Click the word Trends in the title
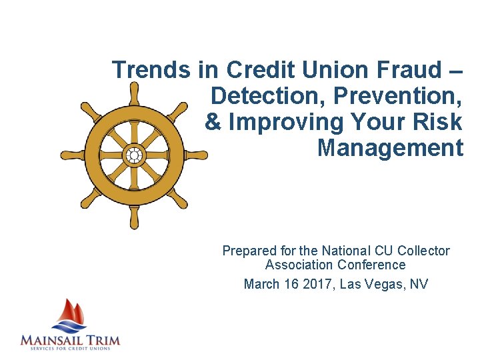click(x=152, y=69)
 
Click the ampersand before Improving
click(x=213, y=122)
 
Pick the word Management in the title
click(x=390, y=147)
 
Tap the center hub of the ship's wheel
click(x=134, y=155)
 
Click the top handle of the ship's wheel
click(x=134, y=92)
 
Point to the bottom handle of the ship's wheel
click(x=134, y=218)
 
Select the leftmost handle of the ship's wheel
click(x=69, y=155)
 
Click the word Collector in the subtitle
click(x=423, y=251)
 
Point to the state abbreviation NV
click(x=419, y=285)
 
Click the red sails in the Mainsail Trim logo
click(x=72, y=311)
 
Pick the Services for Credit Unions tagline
click(x=70, y=349)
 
